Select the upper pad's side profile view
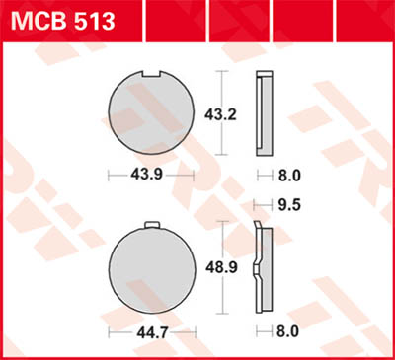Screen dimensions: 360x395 263,113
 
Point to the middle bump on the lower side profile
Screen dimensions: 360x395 256,268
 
